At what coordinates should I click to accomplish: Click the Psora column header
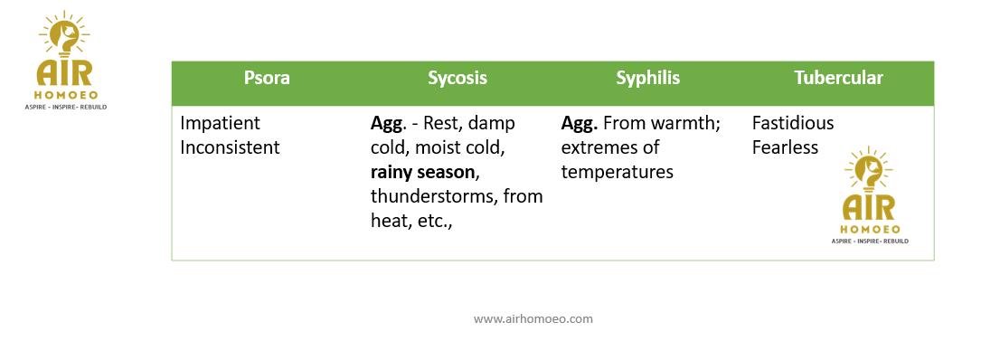click(267, 78)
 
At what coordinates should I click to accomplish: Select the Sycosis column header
click(458, 78)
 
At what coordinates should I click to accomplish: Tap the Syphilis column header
click(648, 78)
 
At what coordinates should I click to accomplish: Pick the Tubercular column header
click(839, 78)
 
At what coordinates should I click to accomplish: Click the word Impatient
click(221, 123)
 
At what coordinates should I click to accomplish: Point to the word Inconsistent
click(231, 147)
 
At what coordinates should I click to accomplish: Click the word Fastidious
click(793, 122)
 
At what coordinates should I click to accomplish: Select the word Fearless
click(785, 147)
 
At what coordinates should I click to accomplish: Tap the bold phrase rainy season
click(423, 173)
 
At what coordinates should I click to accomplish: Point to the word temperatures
click(618, 173)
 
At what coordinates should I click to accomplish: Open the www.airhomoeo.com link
click(533, 318)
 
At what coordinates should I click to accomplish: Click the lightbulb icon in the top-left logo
click(64, 36)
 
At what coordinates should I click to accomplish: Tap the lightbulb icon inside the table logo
click(869, 170)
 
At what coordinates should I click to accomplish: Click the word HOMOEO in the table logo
click(870, 229)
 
